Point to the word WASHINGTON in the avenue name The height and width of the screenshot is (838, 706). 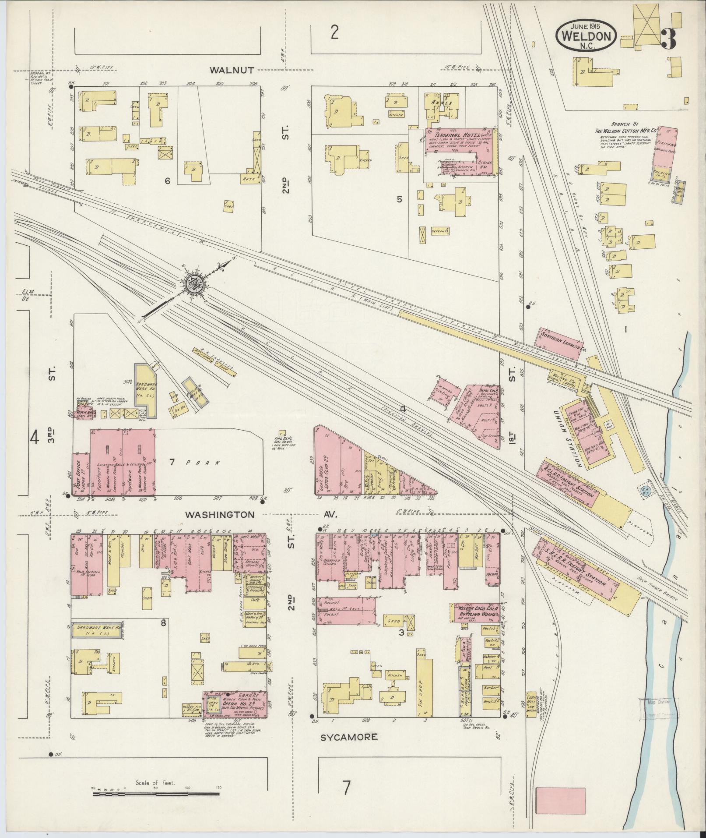tap(219, 515)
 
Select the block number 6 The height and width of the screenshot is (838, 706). tap(167, 181)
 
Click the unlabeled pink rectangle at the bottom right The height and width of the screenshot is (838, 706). tap(561, 776)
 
